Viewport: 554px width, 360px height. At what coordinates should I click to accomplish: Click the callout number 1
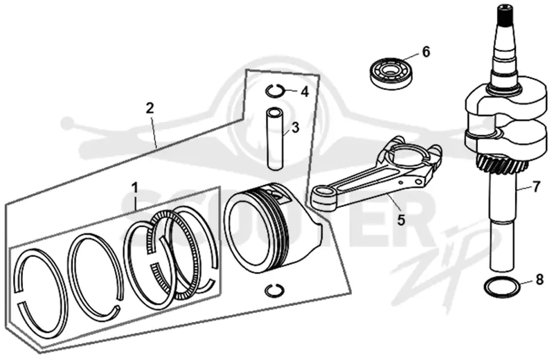135,188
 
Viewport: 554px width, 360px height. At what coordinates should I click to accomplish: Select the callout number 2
150,108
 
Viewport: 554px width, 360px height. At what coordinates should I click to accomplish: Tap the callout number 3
295,127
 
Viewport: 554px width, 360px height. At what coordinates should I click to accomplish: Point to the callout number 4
305,92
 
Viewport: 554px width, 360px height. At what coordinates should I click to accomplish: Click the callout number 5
401,219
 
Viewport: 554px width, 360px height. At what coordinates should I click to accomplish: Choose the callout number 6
426,52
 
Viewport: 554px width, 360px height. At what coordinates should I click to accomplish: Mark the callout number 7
536,186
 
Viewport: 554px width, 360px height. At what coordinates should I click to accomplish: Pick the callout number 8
539,280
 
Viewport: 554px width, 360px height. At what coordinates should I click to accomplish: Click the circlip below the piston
274,289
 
